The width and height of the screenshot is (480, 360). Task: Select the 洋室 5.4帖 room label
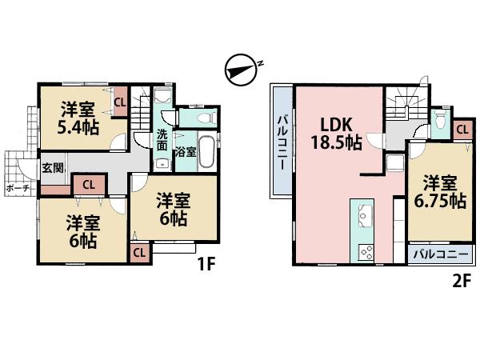(78, 117)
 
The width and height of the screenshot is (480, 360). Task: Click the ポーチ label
(18, 188)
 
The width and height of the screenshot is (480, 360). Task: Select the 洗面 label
(162, 140)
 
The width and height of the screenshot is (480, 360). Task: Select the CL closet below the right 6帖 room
(139, 253)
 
